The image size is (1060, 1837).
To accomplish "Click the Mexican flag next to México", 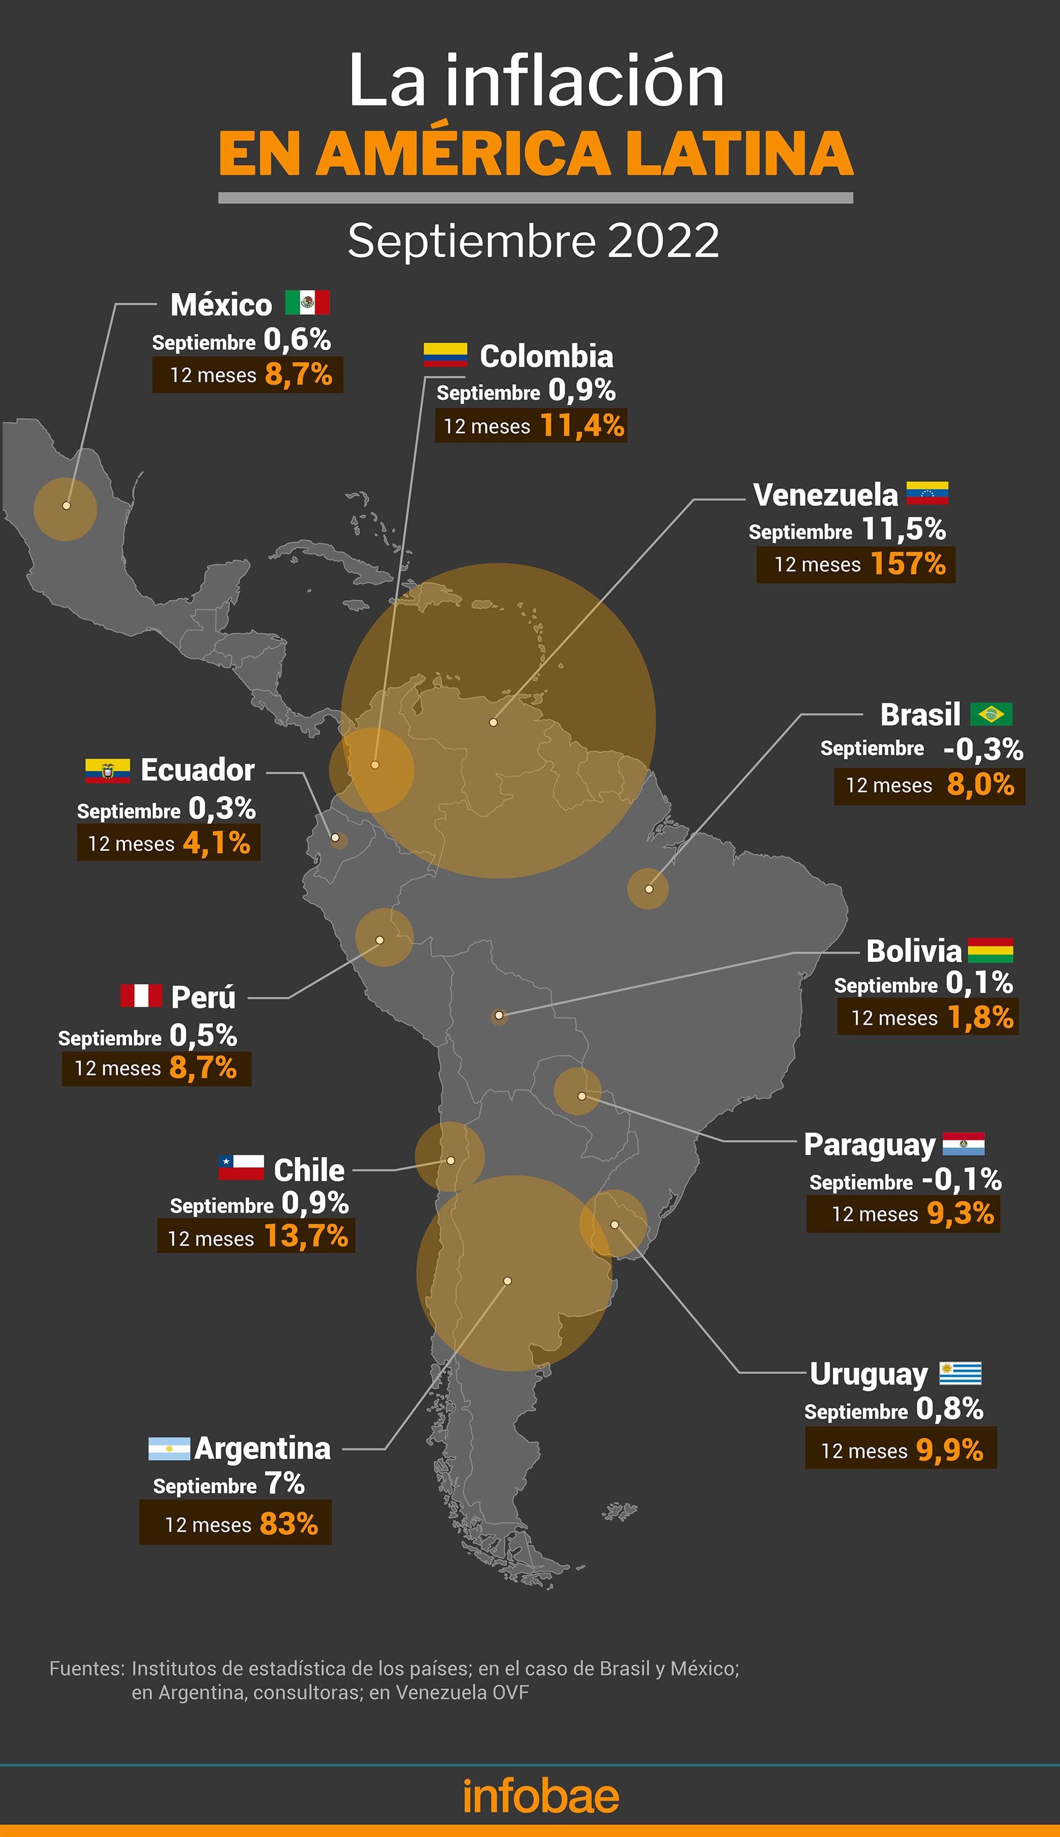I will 307,302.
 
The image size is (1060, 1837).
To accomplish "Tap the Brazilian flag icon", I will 991,714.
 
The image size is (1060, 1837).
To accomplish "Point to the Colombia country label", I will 546,356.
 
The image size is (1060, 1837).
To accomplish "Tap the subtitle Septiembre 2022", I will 533,240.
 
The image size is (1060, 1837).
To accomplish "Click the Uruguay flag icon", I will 960,1373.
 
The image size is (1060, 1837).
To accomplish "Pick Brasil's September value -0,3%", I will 983,749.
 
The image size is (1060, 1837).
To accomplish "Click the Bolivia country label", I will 914,951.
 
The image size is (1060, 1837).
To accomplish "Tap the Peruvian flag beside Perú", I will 141,995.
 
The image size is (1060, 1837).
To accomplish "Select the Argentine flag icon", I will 169,1448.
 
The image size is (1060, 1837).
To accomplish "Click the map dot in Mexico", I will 66,506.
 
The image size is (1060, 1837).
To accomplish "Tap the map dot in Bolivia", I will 499,1015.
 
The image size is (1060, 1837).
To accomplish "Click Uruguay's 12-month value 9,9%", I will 950,1450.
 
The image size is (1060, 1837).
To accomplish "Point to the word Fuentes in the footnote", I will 87,1668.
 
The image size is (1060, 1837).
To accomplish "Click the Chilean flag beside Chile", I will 241,1167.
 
